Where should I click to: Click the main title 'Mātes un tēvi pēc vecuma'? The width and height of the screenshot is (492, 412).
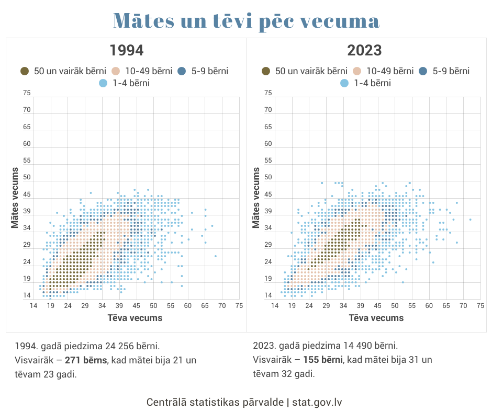click(x=246, y=21)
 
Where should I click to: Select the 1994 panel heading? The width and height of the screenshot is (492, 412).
click(x=126, y=51)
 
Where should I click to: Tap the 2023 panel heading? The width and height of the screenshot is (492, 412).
click(x=364, y=51)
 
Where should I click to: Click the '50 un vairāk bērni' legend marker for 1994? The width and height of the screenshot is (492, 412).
click(x=25, y=71)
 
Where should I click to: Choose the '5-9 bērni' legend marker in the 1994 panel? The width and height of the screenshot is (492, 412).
click(x=182, y=71)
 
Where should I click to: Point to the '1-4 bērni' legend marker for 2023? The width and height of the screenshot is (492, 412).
click(x=344, y=83)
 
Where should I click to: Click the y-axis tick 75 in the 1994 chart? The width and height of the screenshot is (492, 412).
click(x=27, y=93)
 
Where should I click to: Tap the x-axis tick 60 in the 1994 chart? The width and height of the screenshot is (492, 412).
click(x=187, y=305)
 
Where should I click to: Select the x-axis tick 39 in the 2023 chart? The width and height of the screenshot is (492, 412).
click(x=360, y=305)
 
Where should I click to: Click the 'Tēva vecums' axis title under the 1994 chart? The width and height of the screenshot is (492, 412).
click(x=135, y=317)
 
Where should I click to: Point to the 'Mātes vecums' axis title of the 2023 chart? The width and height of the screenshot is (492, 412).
click(x=256, y=197)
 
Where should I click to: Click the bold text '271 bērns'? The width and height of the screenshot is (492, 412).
click(x=86, y=360)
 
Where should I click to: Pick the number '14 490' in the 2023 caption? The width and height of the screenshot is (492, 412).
click(x=360, y=346)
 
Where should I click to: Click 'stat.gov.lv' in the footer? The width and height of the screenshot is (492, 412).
click(x=317, y=402)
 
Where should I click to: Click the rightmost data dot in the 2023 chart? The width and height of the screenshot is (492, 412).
click(x=471, y=219)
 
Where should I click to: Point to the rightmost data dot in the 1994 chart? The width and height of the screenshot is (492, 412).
click(x=216, y=256)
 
